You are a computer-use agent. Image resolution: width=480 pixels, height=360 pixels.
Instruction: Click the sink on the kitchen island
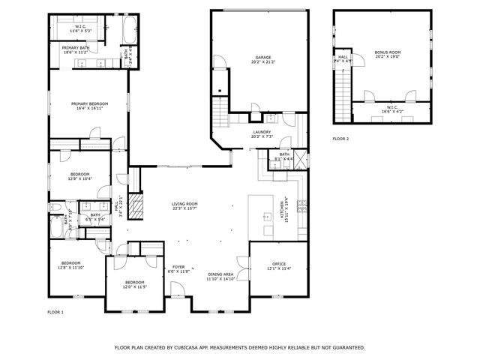click(x=266, y=217)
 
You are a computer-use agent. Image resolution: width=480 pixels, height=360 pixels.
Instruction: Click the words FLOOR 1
click(x=56, y=311)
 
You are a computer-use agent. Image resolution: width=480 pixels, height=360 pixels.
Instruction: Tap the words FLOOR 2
click(x=340, y=139)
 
